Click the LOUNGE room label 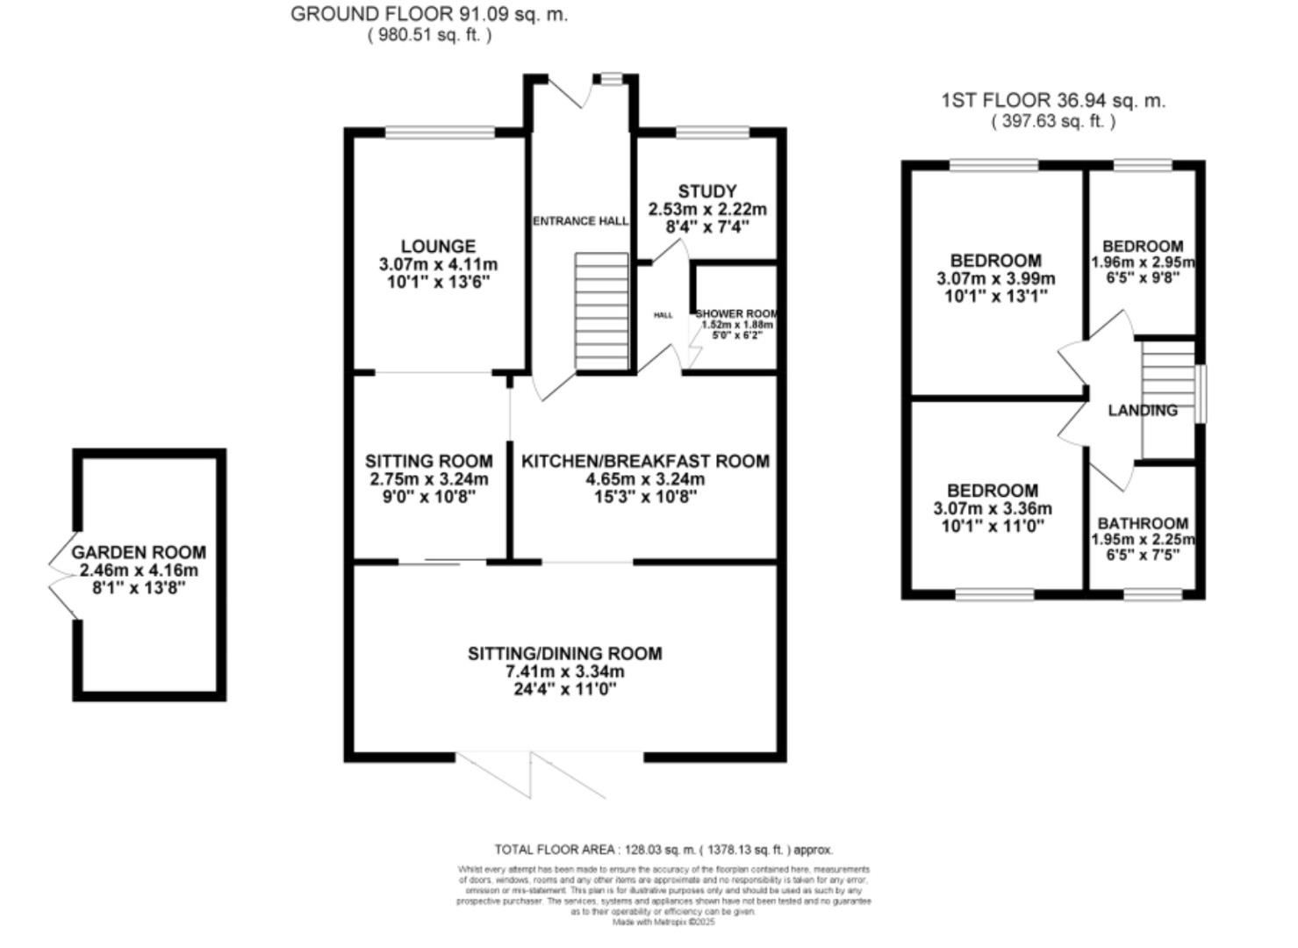438,247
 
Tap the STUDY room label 707,191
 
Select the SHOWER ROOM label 736,313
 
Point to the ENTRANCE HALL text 581,221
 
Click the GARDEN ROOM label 139,552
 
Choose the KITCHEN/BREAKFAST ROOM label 645,461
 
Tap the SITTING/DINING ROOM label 564,653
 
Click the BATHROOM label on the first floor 1143,523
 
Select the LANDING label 1142,410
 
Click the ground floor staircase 602,312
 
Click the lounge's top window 440,133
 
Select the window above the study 713,133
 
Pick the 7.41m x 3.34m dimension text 564,671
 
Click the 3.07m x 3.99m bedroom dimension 995,278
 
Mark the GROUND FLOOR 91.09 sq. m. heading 428,14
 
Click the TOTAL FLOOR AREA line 663,849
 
